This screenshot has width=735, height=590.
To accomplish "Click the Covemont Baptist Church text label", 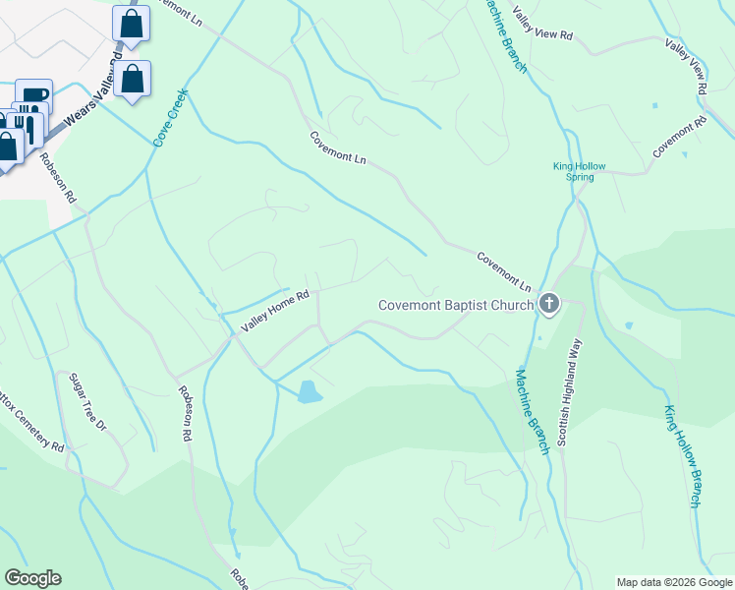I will click(456, 305).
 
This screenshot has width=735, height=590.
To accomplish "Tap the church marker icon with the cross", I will click(549, 305).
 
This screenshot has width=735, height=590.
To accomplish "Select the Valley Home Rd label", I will click(276, 311).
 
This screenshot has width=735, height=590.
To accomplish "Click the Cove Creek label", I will click(169, 120).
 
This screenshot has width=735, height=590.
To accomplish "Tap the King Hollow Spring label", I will click(574, 171).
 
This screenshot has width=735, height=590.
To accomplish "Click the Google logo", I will click(32, 578).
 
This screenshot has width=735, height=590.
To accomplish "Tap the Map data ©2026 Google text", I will click(674, 582).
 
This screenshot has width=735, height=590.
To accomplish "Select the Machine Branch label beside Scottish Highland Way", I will click(532, 410).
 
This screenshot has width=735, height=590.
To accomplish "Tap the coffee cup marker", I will click(33, 94).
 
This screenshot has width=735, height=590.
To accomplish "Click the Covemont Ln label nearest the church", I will click(504, 271).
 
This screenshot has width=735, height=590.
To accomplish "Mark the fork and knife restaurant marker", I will click(28, 124).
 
